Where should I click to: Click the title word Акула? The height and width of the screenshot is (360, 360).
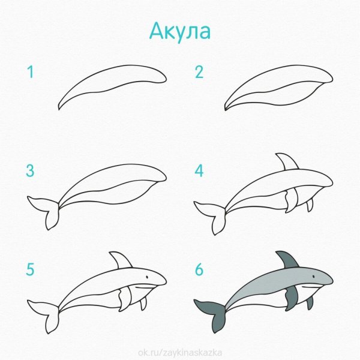point(180,31)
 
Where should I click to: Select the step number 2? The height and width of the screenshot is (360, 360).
point(199,73)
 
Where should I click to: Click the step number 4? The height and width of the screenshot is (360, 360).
point(199,171)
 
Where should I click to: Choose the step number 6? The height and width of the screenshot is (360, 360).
point(199,269)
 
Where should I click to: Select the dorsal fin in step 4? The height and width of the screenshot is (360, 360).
point(286,162)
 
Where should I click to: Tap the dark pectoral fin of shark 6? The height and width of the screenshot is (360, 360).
point(292,298)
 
